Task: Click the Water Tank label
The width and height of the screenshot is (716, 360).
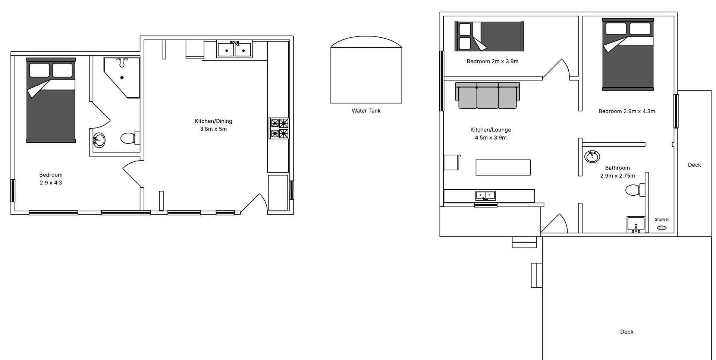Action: click(366, 111)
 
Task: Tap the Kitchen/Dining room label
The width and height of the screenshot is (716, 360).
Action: click(213, 121)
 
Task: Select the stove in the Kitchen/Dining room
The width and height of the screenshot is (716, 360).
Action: click(279, 128)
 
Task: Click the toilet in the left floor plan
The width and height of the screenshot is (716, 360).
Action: click(129, 138)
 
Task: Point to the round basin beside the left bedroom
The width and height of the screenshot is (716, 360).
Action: click(99, 140)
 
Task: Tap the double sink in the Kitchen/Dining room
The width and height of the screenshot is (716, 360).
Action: click(234, 50)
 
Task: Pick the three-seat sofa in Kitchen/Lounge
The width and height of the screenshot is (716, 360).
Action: click(487, 96)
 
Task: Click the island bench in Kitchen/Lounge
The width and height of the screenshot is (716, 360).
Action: click(503, 167)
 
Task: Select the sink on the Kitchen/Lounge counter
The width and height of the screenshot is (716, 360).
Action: click(485, 195)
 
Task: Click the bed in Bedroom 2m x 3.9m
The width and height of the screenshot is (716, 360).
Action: click(489, 36)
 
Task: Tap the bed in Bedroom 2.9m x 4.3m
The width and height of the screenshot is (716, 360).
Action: click(628, 54)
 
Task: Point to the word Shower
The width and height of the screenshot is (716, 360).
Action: click(662, 220)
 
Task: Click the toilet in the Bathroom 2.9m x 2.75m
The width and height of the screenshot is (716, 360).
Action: click(634, 190)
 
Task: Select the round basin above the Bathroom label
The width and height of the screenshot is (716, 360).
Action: click(592, 156)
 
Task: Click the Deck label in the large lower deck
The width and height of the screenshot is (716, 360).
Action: click(626, 332)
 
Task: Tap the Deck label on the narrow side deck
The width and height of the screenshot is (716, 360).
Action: click(694, 165)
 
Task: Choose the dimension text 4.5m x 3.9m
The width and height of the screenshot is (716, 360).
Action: click(490, 138)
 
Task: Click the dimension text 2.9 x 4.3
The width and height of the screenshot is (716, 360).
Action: click(51, 183)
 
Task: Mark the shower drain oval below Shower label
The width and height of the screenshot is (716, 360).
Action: click(662, 228)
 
